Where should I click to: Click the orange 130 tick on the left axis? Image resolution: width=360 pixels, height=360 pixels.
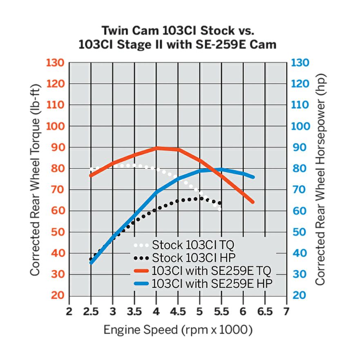point(56,63)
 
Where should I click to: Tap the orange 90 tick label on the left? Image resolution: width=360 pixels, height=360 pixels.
point(58,148)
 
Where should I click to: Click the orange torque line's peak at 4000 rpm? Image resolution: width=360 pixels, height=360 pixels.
point(157,148)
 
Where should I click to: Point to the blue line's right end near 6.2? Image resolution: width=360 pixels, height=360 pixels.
point(253,177)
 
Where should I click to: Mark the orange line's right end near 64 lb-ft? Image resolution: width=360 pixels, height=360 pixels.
point(253,202)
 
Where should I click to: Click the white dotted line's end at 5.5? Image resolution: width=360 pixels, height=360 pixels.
point(220,209)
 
